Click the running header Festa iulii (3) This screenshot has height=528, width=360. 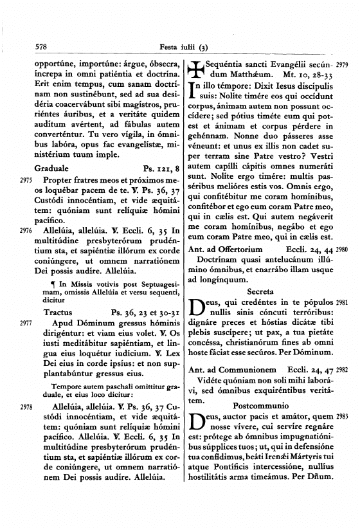point(184,47)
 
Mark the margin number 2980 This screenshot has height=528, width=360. point(341,249)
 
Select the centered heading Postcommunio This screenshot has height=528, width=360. point(260,407)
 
